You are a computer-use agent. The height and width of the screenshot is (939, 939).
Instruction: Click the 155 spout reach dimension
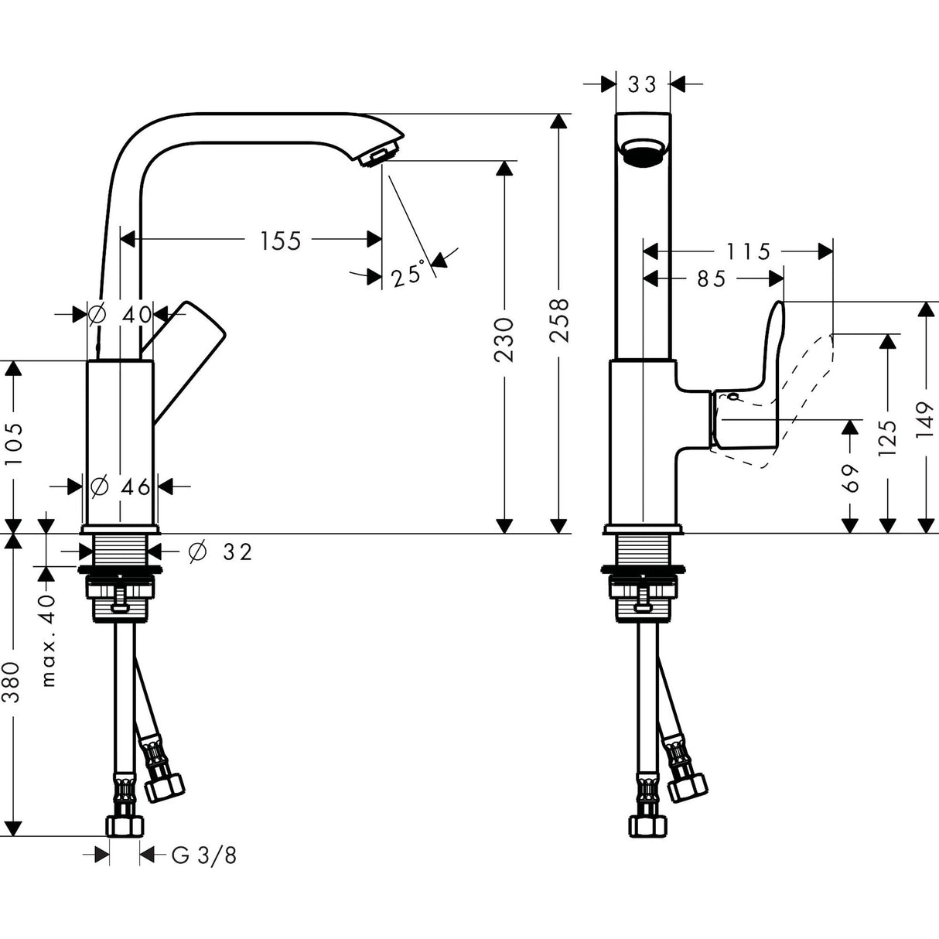coord(280,241)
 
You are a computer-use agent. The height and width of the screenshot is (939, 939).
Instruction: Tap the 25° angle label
coord(408,275)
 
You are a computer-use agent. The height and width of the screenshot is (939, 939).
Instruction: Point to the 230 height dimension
coord(504,339)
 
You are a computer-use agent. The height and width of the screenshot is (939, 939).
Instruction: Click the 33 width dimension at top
coord(642,84)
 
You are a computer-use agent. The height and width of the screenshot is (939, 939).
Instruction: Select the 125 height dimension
coord(888,439)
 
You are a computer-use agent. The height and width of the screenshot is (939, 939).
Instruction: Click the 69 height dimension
coord(850,478)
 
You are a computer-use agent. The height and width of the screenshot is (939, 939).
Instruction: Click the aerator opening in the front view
coord(643,152)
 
